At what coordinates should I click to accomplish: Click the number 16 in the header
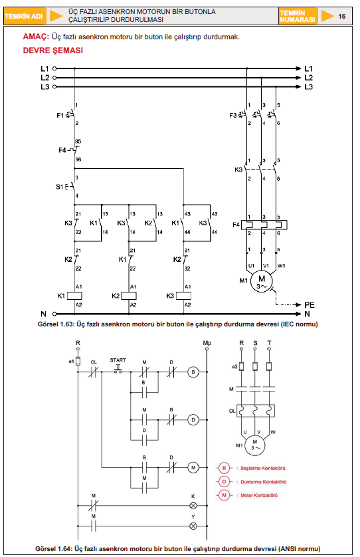point(341,17)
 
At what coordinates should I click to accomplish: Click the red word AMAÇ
point(36,37)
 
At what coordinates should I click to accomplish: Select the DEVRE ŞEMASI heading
point(53,51)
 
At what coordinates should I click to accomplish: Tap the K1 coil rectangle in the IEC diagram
point(74,296)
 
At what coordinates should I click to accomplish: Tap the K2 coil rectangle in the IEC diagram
point(129,296)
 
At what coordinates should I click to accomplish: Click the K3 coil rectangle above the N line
point(183,296)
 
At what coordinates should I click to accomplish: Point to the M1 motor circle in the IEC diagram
point(262,282)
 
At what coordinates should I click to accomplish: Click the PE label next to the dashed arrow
point(310,305)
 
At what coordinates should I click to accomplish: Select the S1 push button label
point(59,187)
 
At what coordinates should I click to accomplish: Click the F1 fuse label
point(60,115)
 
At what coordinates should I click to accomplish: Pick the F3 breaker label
point(233,115)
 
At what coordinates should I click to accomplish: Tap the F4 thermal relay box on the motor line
point(264,225)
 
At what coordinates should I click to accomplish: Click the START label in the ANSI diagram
point(118,360)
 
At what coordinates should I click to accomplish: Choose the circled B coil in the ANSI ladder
point(193,372)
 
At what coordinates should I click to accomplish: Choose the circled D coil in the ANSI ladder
point(193,419)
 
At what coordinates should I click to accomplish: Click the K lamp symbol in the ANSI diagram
point(193,505)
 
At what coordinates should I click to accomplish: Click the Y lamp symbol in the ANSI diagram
point(193,526)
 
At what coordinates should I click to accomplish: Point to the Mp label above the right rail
point(207,343)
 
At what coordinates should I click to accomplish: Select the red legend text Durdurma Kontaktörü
point(264,482)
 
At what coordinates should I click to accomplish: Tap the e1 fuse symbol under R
point(78,361)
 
